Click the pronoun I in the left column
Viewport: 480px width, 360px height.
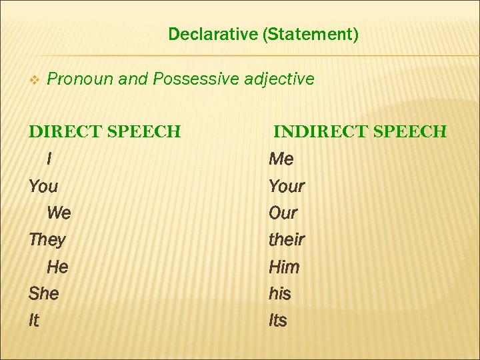pos(49,159)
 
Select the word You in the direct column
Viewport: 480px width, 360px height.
pos(43,186)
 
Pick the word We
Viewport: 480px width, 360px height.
pos(59,213)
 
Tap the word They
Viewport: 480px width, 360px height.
pos(47,240)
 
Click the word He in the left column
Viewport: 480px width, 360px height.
pos(57,267)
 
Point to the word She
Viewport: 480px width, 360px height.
pos(44,293)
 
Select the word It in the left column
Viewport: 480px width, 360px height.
pos(34,321)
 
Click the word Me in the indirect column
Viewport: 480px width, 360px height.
pos(281,159)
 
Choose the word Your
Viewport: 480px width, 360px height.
pos(286,186)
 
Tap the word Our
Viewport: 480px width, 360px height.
pos(283,213)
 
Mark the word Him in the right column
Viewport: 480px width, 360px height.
pos(284,267)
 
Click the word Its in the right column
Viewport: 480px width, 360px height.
pos(277,321)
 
